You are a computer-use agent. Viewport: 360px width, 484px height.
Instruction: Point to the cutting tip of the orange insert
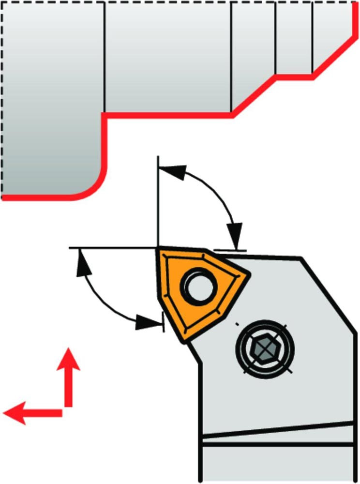click(158, 251)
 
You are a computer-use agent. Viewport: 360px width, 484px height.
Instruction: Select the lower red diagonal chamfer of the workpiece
click(254, 95)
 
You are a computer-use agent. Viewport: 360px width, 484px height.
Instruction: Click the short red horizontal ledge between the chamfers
click(295, 76)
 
